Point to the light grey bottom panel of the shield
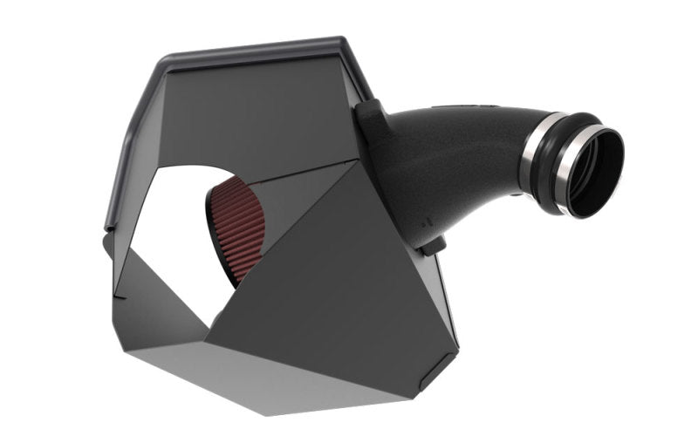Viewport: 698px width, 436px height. click(x=288, y=384)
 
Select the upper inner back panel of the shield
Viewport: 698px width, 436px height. click(x=262, y=113)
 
